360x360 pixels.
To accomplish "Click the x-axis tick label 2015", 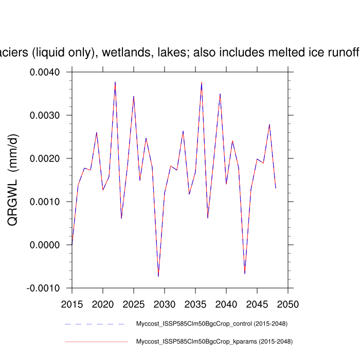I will [x=72, y=304].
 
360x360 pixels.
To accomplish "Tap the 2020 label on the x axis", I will [x=103, y=304].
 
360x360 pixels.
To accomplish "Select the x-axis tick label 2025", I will [x=134, y=304].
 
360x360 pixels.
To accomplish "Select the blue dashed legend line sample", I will [x=96, y=324].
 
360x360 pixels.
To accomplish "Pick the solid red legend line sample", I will [x=96, y=341].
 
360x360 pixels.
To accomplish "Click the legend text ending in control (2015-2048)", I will [x=211, y=324].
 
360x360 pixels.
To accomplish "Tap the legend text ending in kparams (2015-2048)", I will [x=214, y=341].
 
